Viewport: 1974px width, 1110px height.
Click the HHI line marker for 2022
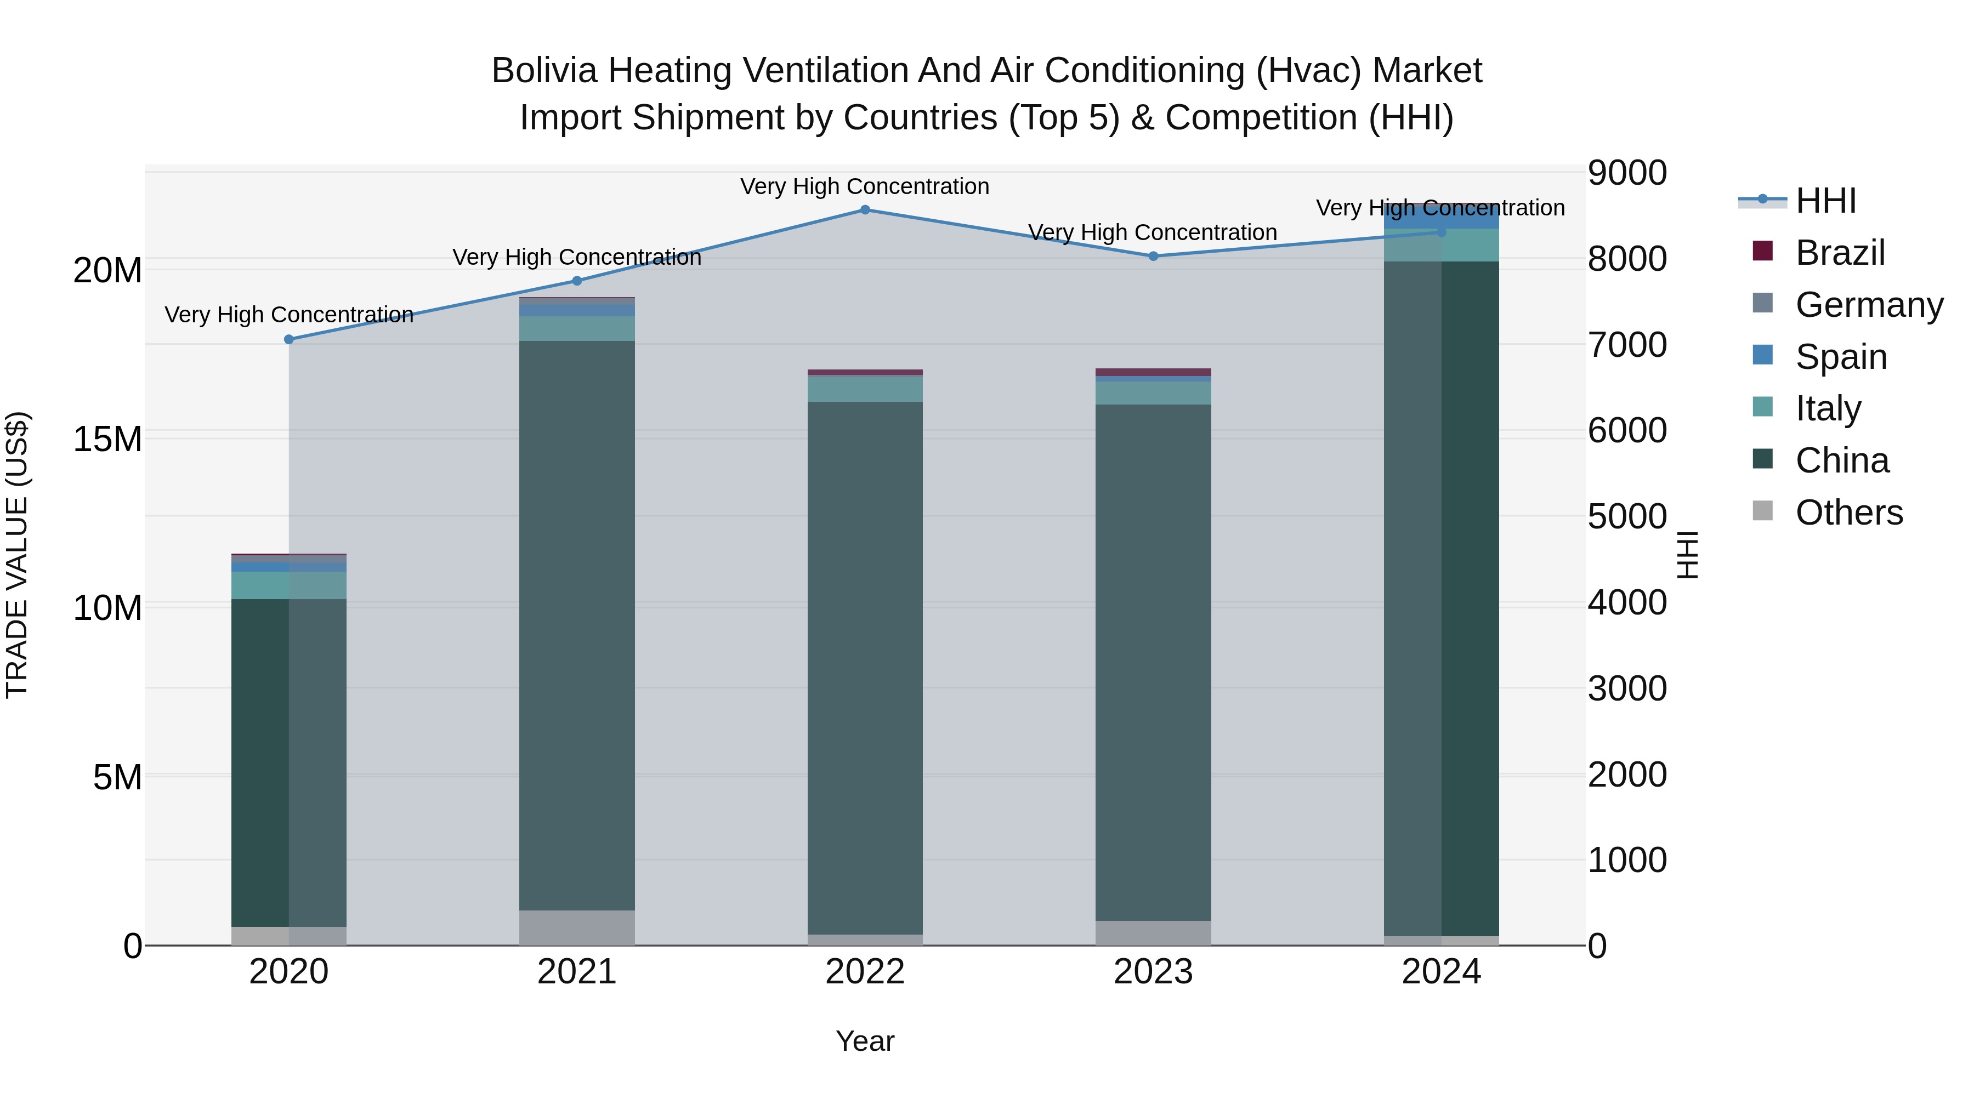[865, 209]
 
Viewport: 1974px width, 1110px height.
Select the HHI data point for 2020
[289, 339]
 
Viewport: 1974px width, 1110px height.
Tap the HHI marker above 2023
[1153, 256]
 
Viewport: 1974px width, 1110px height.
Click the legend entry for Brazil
[1839, 253]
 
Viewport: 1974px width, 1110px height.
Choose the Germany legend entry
[1868, 305]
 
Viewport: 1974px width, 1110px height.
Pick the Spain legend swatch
[1763, 355]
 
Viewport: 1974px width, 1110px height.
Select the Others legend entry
[1848, 513]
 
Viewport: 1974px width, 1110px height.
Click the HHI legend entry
[1825, 201]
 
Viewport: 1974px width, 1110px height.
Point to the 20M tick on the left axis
[107, 270]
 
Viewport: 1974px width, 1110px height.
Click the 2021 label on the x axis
[577, 972]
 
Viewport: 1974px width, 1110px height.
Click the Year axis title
[865, 1041]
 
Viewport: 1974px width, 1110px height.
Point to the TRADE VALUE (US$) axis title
[17, 555]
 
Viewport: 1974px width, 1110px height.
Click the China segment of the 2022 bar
[865, 667]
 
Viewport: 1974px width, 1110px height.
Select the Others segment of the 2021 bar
[577, 927]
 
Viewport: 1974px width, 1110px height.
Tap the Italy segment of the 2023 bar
[1153, 393]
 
